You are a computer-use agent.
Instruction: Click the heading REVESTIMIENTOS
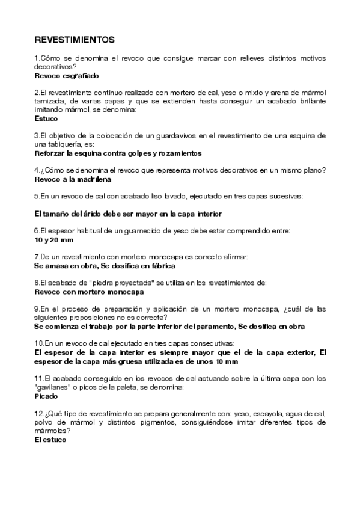[75, 40]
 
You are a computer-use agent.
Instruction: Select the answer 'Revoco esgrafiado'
[66, 76]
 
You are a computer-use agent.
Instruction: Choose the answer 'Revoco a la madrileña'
[73, 179]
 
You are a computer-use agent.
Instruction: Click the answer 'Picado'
[46, 397]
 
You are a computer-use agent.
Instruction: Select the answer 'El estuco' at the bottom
[50, 440]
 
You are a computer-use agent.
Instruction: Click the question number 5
[37, 196]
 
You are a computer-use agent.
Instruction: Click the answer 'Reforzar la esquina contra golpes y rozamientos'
[117, 153]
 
